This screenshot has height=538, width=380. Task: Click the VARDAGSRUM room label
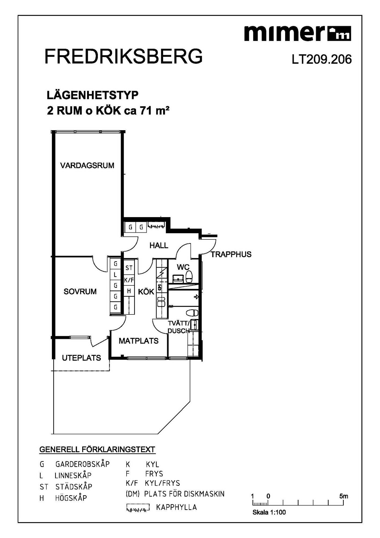tap(87, 165)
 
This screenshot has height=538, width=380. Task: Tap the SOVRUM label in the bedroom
tap(80, 291)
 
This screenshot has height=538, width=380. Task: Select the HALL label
tap(159, 245)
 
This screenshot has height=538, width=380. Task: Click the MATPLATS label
tap(139, 341)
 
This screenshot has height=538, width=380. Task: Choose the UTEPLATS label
tap(81, 358)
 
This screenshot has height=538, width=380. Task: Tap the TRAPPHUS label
tap(231, 254)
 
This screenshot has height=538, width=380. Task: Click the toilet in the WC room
tap(189, 277)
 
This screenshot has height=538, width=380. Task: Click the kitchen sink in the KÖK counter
tap(161, 303)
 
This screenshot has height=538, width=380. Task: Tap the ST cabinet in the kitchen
tap(129, 268)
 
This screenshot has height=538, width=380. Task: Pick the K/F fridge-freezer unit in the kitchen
tap(129, 280)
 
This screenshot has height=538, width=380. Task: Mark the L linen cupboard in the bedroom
tap(116, 275)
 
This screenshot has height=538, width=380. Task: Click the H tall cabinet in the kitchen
tap(129, 291)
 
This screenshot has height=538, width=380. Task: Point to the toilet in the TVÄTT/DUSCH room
tap(192, 313)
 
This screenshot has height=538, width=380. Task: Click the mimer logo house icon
tap(340, 34)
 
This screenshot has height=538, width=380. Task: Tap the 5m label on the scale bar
tap(343, 496)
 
